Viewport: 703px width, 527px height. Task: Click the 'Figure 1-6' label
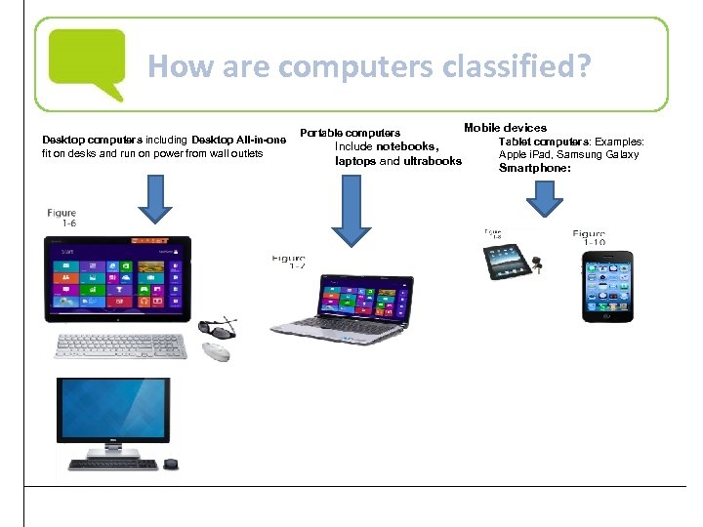tap(61, 218)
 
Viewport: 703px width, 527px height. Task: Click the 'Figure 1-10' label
tap(589, 238)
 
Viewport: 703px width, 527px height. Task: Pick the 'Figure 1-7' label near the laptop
tap(289, 262)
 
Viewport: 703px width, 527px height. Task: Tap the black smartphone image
tap(606, 287)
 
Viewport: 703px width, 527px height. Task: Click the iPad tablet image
tap(506, 260)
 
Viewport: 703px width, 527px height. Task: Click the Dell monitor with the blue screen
tap(113, 411)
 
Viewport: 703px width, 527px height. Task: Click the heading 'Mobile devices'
tap(505, 128)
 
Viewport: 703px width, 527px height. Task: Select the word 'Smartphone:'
tap(534, 168)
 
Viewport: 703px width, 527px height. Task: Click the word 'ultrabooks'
tap(433, 161)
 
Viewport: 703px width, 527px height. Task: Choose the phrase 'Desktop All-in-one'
tap(239, 140)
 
